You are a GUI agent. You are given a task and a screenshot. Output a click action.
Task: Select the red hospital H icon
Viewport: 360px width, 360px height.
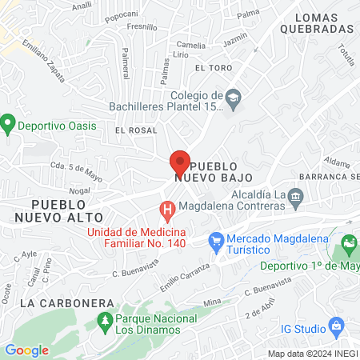167,212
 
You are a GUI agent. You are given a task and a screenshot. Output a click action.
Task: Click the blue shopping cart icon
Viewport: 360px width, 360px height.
215,239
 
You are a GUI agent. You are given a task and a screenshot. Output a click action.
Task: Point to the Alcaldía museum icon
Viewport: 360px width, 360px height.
295,195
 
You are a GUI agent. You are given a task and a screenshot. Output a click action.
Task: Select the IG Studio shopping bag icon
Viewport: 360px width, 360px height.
337,326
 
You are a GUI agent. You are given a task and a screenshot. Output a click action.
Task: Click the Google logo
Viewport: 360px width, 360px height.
26,350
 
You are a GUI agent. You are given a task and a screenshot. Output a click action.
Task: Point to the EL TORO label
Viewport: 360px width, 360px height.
212,68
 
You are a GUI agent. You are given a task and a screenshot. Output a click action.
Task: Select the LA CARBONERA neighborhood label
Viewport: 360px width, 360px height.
58,303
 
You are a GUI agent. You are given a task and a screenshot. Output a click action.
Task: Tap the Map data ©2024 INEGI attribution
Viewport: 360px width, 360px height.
310,354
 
